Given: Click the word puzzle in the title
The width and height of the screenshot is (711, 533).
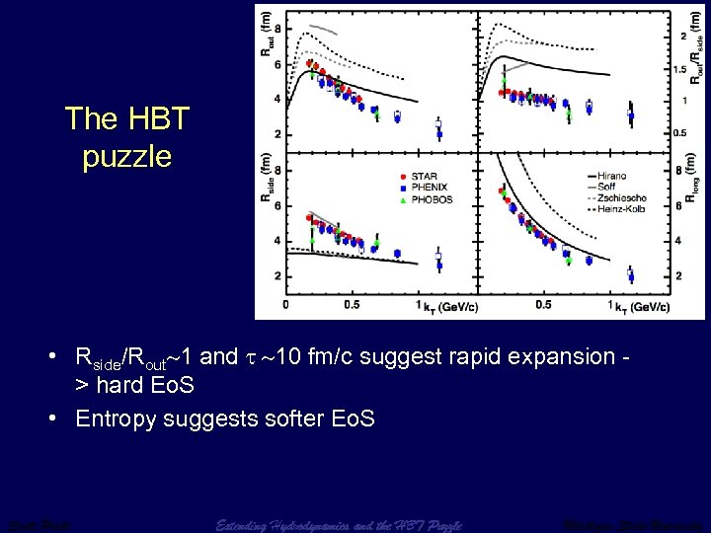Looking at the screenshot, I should coord(126,156).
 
